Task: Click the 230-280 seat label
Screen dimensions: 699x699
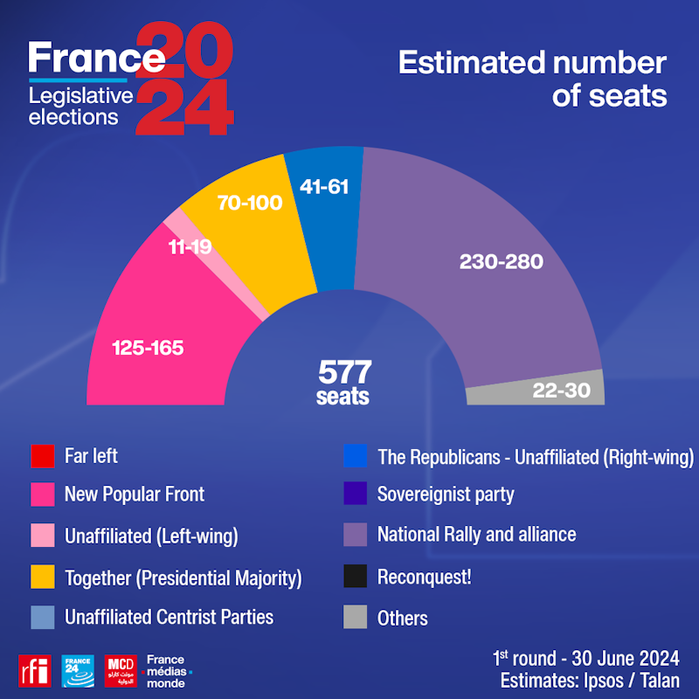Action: click(x=501, y=262)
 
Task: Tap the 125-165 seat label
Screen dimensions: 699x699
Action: click(x=148, y=348)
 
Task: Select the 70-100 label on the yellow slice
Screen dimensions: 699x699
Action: click(x=250, y=204)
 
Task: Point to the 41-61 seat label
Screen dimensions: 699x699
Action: click(x=324, y=186)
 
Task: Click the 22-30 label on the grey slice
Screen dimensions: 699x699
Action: click(x=562, y=391)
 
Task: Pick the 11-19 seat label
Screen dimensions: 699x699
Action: click(x=190, y=247)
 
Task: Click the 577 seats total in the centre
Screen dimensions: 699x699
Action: click(x=343, y=382)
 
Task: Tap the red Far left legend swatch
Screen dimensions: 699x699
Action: click(x=43, y=456)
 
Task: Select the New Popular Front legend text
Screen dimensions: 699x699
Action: click(x=134, y=494)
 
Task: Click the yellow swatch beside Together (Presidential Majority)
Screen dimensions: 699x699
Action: click(x=43, y=578)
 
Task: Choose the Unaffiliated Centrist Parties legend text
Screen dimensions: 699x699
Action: click(x=169, y=617)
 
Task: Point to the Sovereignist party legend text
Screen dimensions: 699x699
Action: click(x=446, y=494)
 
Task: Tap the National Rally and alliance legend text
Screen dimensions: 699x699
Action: click(x=476, y=533)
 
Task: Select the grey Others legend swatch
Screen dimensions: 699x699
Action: click(x=356, y=618)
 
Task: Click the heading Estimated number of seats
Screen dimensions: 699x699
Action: click(x=532, y=79)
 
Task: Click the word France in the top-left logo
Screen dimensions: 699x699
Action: click(x=96, y=58)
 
